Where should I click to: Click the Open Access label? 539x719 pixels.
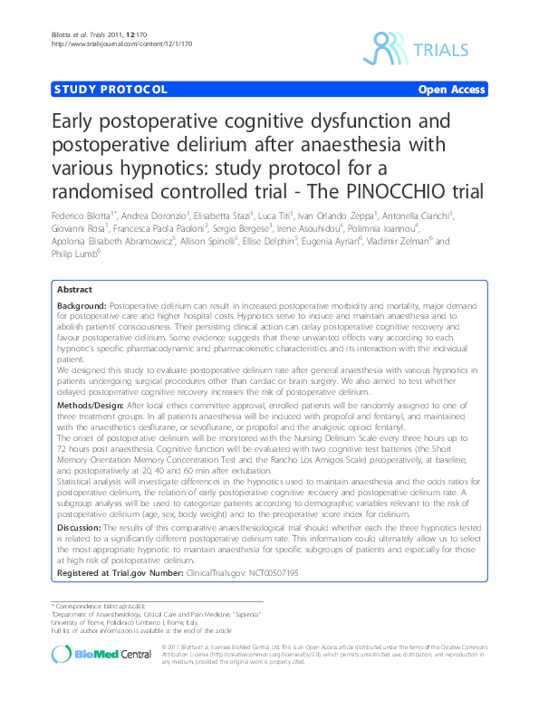452,91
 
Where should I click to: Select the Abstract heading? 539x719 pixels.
74,289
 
